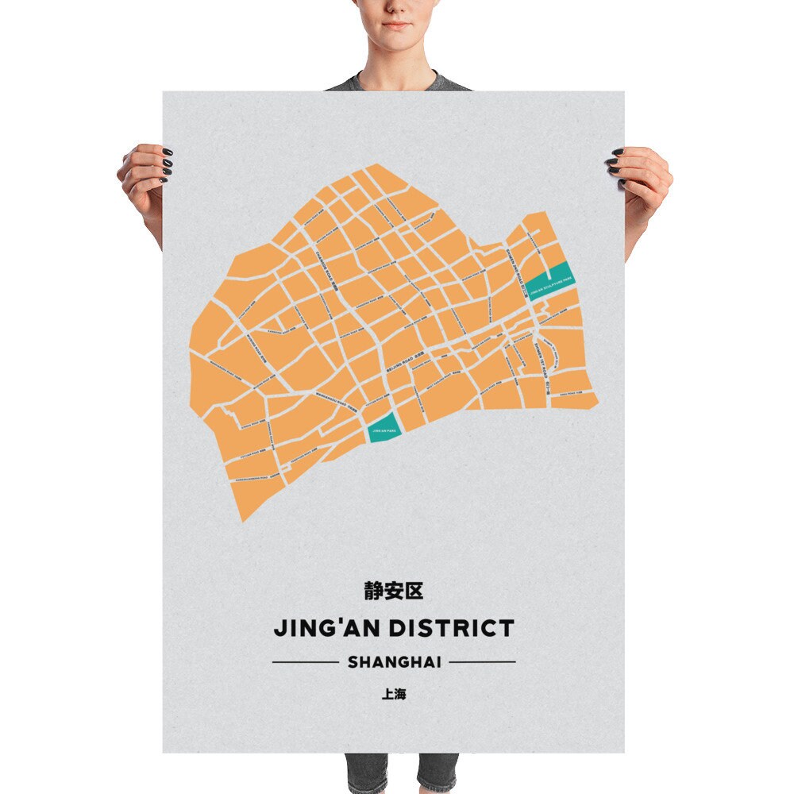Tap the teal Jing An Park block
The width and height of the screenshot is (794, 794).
(384, 430)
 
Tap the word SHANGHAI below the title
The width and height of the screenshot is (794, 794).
(394, 661)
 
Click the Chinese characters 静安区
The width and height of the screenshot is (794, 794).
(394, 591)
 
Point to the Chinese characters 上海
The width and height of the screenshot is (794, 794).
(394, 694)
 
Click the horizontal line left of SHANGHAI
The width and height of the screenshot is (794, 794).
(305, 661)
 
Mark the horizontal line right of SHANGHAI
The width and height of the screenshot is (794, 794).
(483, 661)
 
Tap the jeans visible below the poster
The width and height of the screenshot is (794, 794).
(401, 773)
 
